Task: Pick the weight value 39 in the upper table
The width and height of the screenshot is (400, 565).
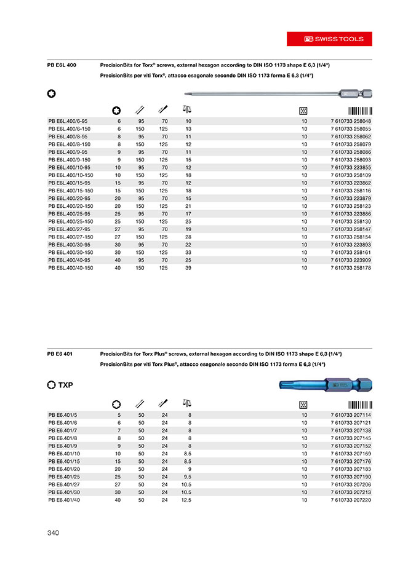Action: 188,268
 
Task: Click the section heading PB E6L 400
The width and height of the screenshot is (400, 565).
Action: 62,65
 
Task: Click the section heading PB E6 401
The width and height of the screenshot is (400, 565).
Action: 60,355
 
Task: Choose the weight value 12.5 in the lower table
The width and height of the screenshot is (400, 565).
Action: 186,500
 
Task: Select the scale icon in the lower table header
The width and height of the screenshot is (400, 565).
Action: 186,403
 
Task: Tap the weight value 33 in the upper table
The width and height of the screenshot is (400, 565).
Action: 188,253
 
